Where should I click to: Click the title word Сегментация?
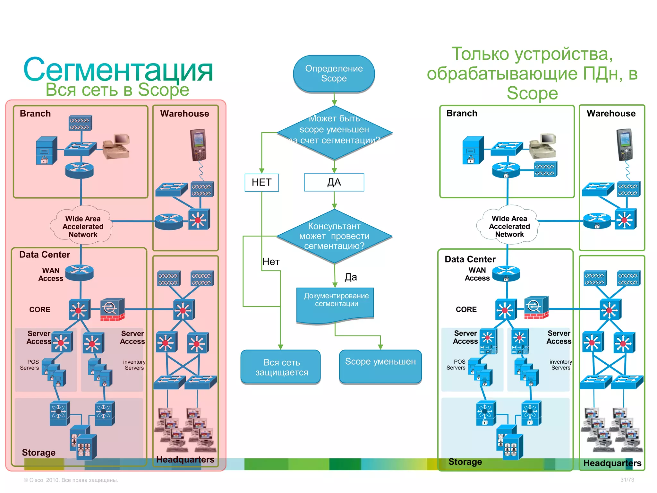click(118, 70)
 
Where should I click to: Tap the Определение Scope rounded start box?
click(334, 74)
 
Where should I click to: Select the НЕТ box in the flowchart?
click(261, 182)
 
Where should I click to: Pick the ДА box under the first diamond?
click(334, 182)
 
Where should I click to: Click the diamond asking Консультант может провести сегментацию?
click(334, 236)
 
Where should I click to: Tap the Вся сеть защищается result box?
click(281, 367)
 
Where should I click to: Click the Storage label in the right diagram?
click(465, 462)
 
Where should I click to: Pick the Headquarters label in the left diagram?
click(185, 459)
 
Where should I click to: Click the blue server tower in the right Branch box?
click(473, 150)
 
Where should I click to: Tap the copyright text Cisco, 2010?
click(71, 480)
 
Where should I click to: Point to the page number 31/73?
click(627, 480)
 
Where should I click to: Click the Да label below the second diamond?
click(351, 277)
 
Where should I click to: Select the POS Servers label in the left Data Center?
click(30, 365)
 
